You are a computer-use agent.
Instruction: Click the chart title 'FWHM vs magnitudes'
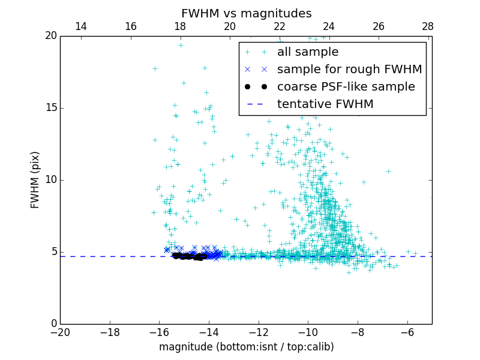246,13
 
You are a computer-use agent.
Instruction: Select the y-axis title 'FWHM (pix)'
35,179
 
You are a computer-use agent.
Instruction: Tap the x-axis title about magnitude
246,347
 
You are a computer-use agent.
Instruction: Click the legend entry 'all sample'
307,52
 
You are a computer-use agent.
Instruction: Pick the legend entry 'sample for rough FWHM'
349,70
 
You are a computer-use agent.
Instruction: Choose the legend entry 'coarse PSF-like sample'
346,87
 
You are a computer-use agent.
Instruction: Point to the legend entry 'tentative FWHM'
325,104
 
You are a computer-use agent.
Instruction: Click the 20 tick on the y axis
50,36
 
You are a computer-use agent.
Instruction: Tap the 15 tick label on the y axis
50,108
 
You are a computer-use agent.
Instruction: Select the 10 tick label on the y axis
50,180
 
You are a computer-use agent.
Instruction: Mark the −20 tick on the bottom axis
60,332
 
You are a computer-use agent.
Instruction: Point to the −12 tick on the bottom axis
259,332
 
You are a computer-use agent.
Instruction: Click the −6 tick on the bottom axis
407,332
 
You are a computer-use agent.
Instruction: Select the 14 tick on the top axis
81,26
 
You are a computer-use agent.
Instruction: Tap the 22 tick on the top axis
280,26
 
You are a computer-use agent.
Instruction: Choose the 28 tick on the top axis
428,26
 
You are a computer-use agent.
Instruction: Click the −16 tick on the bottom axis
159,332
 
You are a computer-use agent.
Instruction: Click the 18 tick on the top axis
180,26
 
